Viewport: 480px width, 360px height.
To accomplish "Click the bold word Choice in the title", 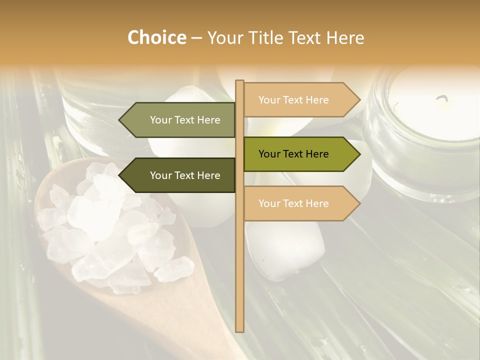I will pyautogui.click(x=156, y=37).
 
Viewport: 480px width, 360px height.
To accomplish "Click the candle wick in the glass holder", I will pyautogui.click(x=442, y=100).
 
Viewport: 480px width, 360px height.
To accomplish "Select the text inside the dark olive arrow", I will pyautogui.click(x=185, y=175).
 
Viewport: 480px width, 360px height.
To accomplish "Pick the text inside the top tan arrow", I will pyautogui.click(x=293, y=100).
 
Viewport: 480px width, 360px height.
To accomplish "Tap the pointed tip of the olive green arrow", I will pyautogui.click(x=358, y=154).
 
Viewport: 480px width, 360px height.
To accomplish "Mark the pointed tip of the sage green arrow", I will pyautogui.click(x=120, y=120).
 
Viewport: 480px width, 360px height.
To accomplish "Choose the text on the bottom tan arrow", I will pyautogui.click(x=293, y=203).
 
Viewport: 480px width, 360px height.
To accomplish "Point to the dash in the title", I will pyautogui.click(x=196, y=38).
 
